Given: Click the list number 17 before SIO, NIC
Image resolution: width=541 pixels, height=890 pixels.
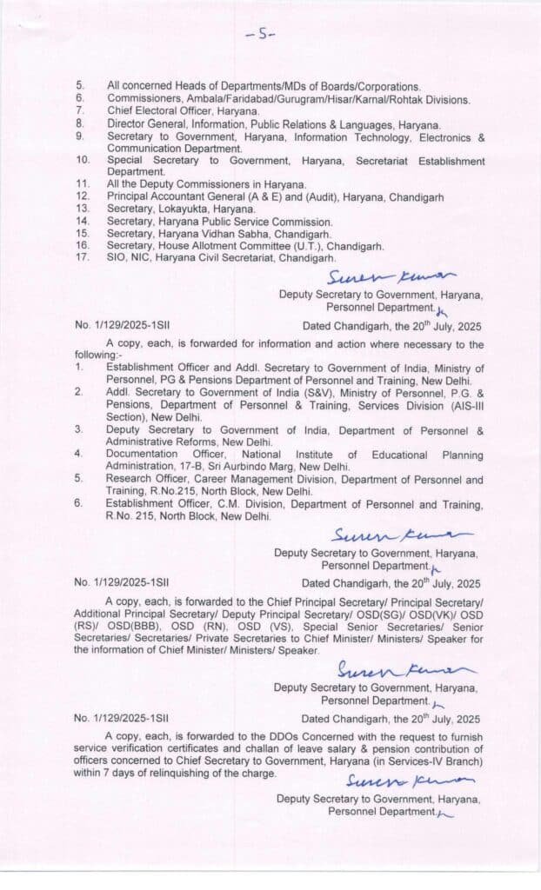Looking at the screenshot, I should pos(82,258).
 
